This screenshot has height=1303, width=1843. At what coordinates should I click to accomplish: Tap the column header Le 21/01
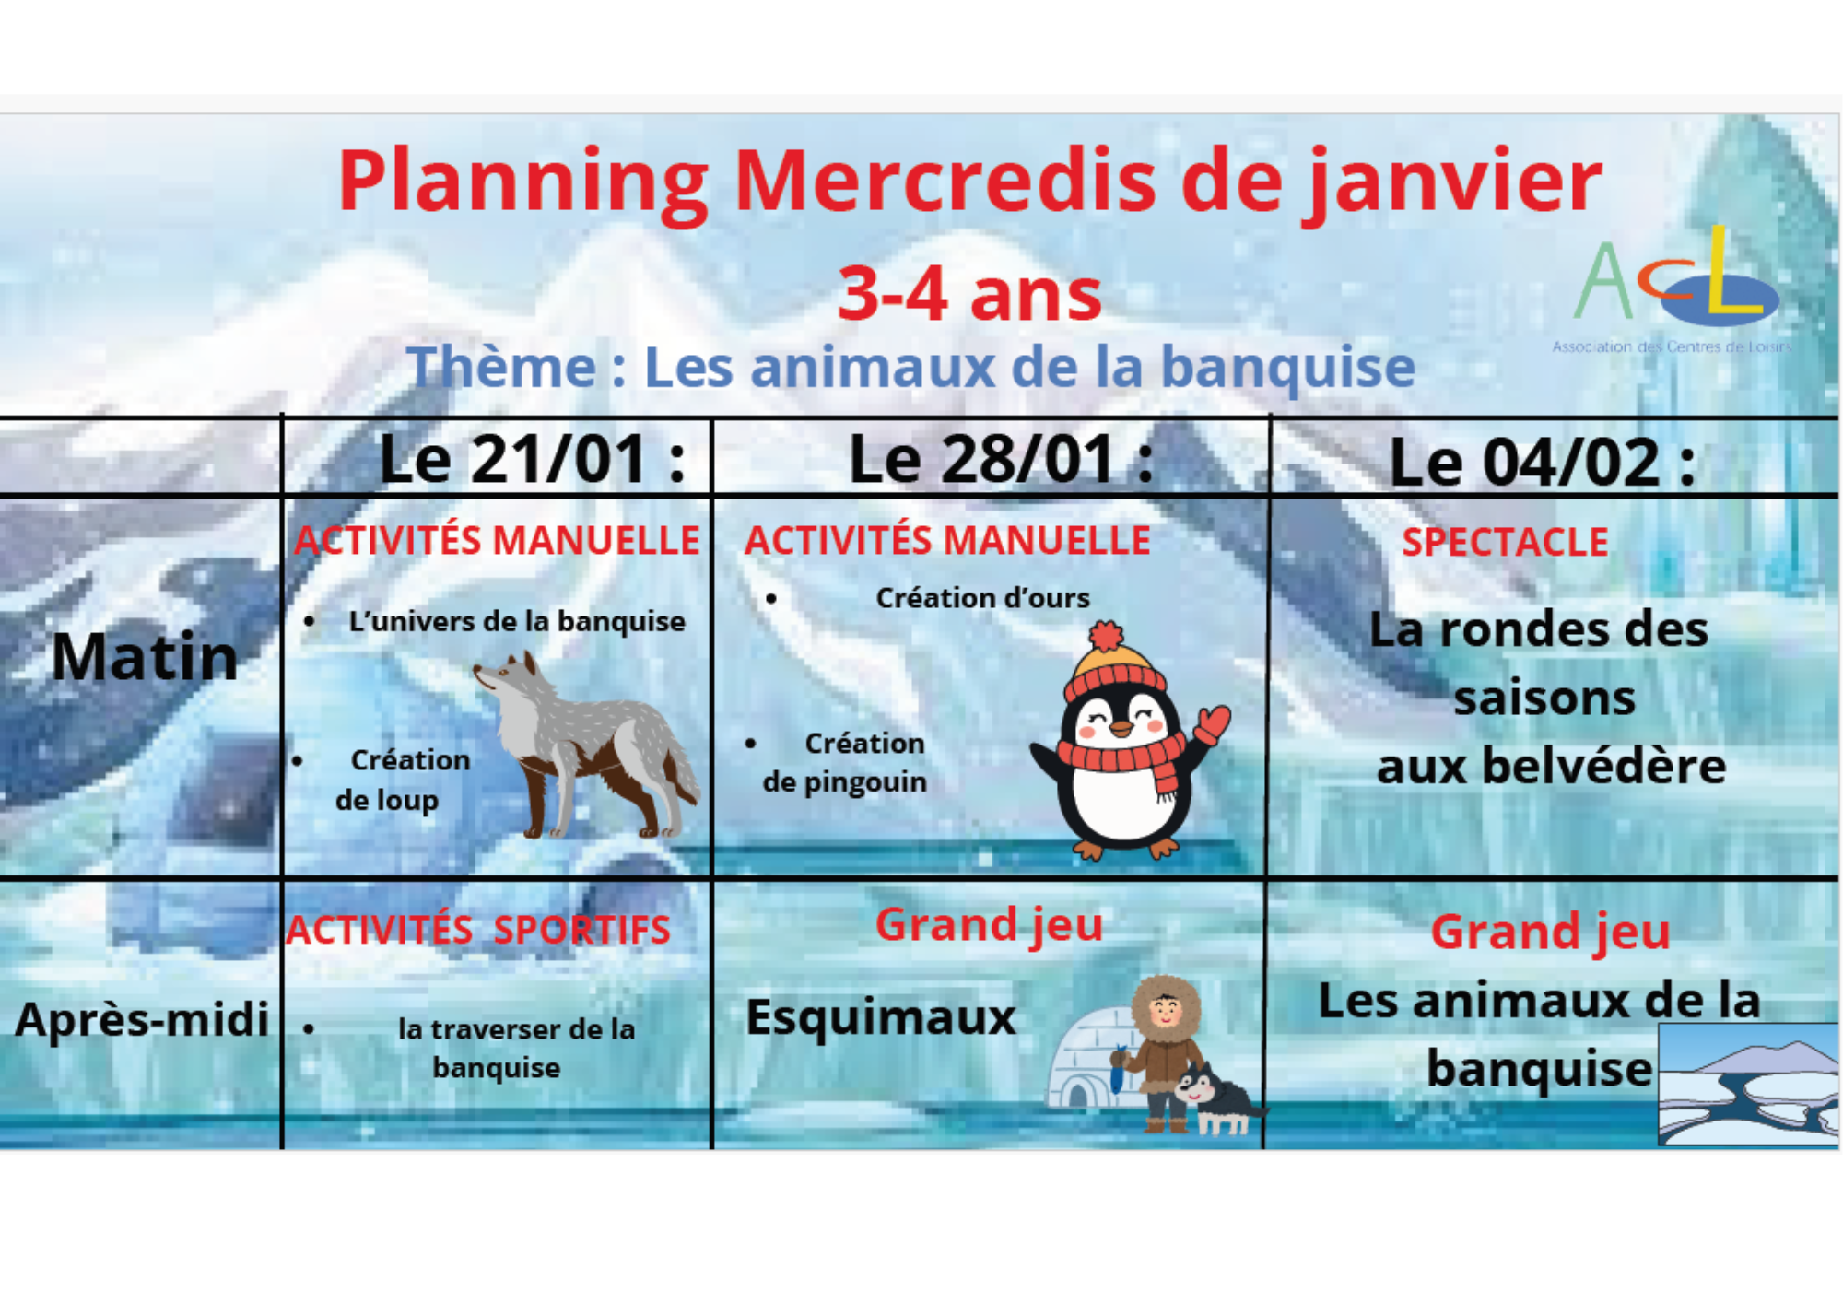533,459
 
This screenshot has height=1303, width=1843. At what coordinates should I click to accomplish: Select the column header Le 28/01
1001,459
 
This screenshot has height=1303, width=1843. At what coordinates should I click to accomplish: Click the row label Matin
145,657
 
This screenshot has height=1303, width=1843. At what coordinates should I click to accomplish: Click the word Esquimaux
880,1017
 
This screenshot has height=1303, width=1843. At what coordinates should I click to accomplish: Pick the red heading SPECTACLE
1505,542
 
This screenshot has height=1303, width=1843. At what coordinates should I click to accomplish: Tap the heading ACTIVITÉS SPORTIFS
478,930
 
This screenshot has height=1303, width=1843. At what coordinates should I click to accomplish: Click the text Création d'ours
982,598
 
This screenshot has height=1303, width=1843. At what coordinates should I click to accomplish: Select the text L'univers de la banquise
517,622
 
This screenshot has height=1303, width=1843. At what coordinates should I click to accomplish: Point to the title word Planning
523,182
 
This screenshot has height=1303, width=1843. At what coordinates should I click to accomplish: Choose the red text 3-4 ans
969,294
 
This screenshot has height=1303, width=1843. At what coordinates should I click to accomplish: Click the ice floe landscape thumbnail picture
1748,1085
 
